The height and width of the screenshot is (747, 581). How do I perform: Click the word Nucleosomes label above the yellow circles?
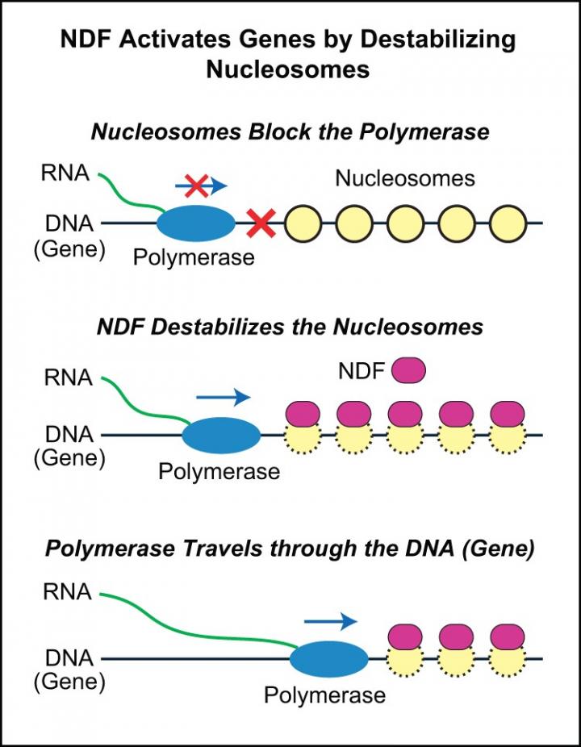[405, 177]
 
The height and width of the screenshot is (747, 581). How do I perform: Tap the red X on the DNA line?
[261, 223]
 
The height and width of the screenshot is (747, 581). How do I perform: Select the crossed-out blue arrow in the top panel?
[201, 186]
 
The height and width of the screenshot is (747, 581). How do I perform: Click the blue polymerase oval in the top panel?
[196, 223]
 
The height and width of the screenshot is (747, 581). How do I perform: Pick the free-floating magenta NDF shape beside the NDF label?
[408, 371]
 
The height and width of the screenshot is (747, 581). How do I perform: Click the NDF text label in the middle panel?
[361, 372]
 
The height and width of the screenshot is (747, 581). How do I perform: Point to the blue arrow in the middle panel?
[224, 397]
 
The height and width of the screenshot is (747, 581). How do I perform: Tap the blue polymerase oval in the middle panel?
[221, 436]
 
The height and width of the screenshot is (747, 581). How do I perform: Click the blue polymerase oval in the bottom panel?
[328, 659]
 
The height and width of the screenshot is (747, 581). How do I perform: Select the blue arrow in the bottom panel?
[330, 620]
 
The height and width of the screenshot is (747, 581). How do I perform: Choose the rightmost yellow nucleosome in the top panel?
[508, 223]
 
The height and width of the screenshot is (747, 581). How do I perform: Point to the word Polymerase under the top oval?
[194, 257]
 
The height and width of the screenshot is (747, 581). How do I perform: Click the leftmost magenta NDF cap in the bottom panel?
[405, 636]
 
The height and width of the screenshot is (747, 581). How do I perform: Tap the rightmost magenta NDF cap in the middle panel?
[508, 413]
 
